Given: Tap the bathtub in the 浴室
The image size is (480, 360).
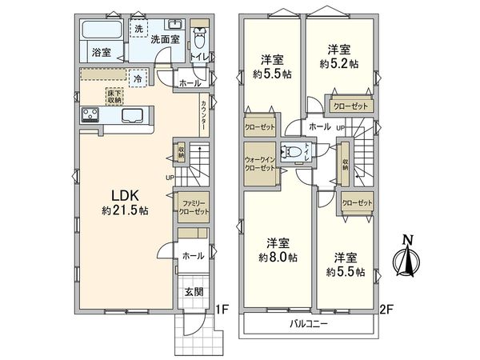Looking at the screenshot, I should coord(101,34).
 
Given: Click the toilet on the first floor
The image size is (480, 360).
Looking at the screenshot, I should coord(200,38).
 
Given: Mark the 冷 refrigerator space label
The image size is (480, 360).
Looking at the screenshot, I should coord(138,78).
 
